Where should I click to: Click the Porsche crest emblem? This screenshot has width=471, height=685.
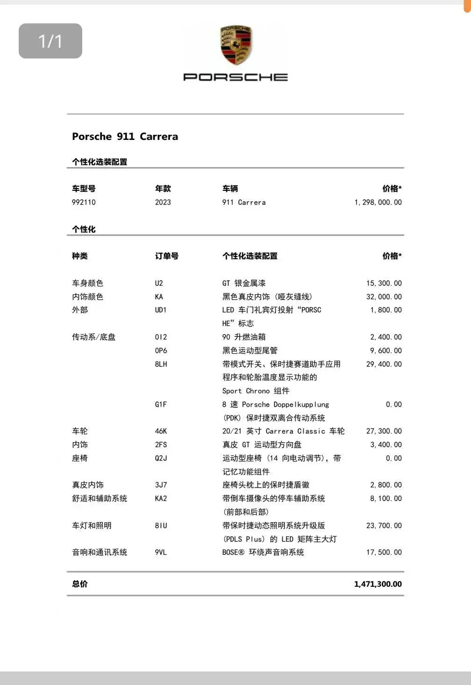[x=236, y=46]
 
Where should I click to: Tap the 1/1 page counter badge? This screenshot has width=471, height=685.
[x=50, y=41]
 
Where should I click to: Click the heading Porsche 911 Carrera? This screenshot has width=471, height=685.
[x=125, y=137]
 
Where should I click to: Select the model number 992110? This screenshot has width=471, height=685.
[x=84, y=202]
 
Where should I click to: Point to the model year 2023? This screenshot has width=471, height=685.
[x=163, y=202]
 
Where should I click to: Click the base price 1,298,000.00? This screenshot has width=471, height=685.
[x=378, y=202]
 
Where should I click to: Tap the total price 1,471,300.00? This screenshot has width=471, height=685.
[x=378, y=584]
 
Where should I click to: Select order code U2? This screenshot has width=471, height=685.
[x=159, y=283]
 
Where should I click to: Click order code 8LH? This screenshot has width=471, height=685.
[x=161, y=364]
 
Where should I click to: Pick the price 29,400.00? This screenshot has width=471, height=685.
[x=384, y=364]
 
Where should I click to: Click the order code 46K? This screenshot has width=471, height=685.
[x=161, y=431]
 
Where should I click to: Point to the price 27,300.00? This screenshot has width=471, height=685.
[x=384, y=431]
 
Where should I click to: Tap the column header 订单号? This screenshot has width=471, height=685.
[x=167, y=256]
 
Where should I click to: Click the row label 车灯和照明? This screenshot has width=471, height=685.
[x=92, y=525]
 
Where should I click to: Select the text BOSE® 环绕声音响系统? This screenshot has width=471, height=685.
[x=263, y=552]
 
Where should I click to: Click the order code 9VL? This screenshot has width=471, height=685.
[x=161, y=552]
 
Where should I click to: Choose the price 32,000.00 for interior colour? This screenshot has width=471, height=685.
[x=384, y=297]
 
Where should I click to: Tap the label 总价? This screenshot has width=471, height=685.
[x=80, y=584]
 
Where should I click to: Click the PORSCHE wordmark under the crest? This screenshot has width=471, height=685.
[x=235, y=77]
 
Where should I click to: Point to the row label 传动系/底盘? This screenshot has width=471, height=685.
[x=93, y=337]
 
